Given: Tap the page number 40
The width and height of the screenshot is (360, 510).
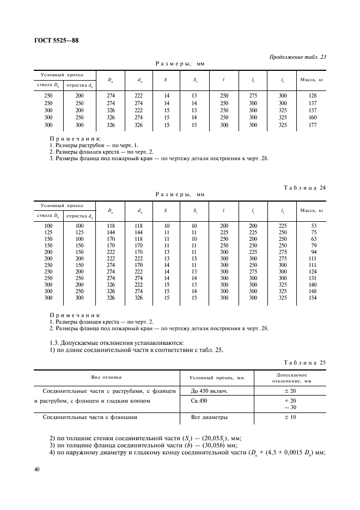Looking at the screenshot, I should tap(37, 470).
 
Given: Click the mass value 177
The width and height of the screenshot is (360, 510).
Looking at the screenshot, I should tap(312, 125).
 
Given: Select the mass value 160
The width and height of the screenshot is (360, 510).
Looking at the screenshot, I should tap(312, 117).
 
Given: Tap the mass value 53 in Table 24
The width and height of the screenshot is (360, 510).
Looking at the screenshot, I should tap(314, 226).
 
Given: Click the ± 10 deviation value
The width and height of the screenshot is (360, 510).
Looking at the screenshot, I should tap(290, 417).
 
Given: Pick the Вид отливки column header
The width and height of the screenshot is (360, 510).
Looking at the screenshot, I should tap(107, 377).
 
